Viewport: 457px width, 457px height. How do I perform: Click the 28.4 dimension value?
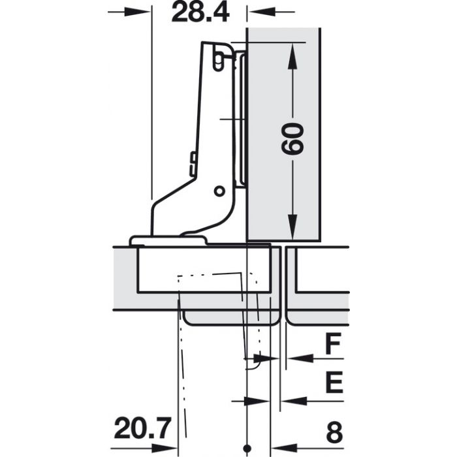click(200, 12)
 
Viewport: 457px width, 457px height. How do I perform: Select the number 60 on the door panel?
click(292, 138)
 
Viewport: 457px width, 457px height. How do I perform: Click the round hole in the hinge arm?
click(219, 191)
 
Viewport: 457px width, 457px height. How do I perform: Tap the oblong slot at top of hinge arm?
click(219, 59)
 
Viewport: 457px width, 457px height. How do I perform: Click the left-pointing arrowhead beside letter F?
click(294, 358)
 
